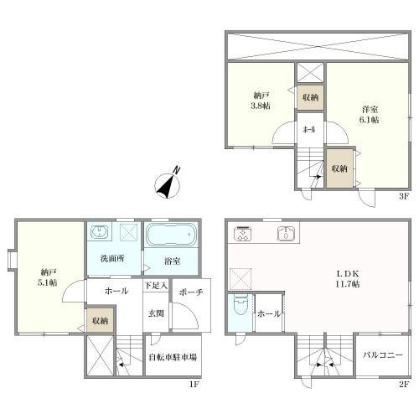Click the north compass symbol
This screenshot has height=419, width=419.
pos(168,185)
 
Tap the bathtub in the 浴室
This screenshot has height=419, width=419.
pos(172,235)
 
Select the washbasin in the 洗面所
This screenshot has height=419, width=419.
pos(99,232)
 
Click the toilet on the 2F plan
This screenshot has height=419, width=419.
pos(240,304)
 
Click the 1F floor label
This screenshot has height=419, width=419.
pos(194,385)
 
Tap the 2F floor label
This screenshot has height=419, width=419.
pos(404,385)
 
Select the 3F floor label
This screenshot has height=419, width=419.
pos(404,196)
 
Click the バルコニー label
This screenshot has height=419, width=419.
pos(383,355)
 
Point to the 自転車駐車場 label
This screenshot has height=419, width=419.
pos(173,357)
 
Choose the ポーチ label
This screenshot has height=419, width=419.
pos(191,292)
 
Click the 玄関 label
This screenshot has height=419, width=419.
pos(156,313)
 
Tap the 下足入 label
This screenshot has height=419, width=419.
pos(156,285)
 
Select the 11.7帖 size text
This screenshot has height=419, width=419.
pos(348,284)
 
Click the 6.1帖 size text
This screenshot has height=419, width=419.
pos(369,120)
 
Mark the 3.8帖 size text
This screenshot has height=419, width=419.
pos(261,106)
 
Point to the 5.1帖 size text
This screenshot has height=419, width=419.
pos(48,282)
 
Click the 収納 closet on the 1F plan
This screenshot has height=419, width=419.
pos(100,320)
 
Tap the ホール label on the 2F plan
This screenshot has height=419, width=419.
pos(269,313)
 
